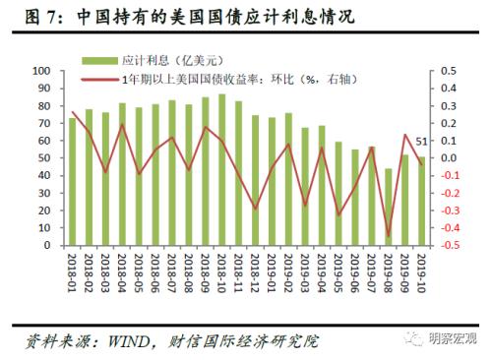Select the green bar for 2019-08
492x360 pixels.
pos(389,207)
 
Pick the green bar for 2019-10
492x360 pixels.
pos(422,201)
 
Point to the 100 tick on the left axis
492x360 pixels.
pos(43,72)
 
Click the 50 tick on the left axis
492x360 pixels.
pos(46,158)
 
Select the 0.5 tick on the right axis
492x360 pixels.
pos(449,72)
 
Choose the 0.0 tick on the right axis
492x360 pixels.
pos(449,158)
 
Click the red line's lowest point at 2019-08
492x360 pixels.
pos(389,236)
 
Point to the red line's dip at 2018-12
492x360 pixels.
pos(255,209)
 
